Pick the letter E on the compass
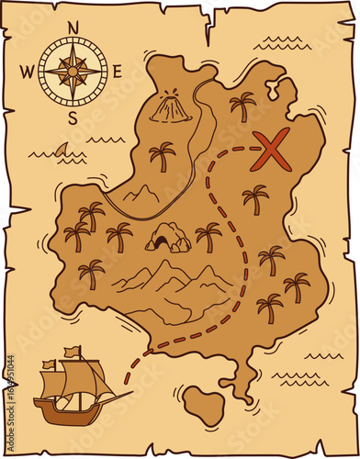[117, 67]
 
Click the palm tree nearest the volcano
[163, 156]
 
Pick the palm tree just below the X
[255, 197]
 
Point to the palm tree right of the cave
[209, 235]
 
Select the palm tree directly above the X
[242, 105]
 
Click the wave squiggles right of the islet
[298, 376]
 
